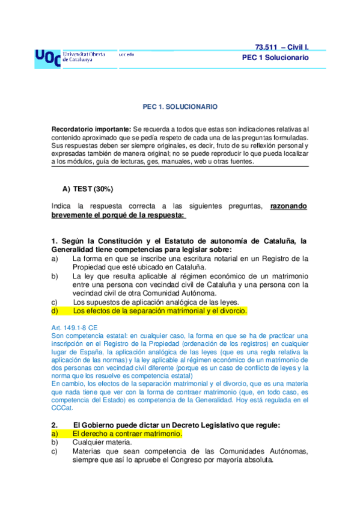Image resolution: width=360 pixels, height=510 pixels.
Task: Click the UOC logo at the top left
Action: click(47, 57)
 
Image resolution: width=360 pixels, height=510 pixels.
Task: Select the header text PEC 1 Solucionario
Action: click(275, 58)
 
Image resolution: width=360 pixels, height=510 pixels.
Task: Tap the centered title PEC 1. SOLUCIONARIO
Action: click(180, 106)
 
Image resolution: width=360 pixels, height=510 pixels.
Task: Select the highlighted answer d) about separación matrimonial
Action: click(160, 311)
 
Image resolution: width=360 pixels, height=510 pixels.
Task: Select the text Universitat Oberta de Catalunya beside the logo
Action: click(84, 57)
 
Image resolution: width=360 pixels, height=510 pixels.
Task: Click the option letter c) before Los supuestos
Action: click(55, 302)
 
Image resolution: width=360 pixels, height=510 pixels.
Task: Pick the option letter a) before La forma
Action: click(55, 259)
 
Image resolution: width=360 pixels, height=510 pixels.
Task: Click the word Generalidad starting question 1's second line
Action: click(75, 250)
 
